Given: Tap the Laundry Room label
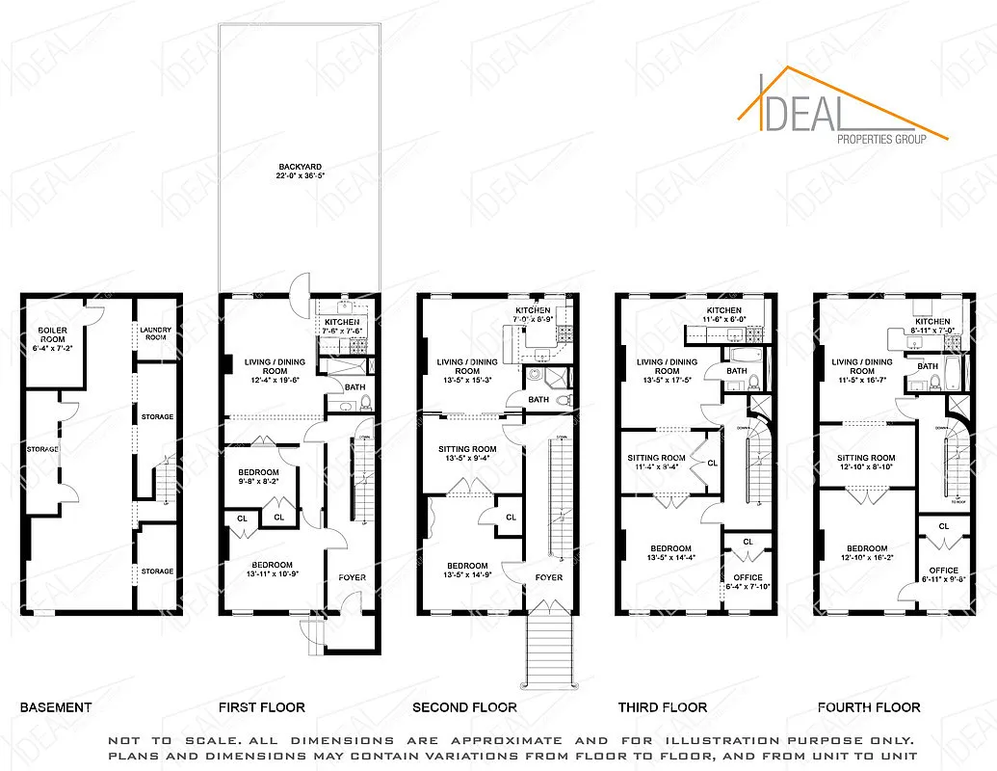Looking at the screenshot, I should click(155, 333).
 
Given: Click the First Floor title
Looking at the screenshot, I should click(261, 707).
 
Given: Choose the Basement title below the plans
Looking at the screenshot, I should click(56, 707).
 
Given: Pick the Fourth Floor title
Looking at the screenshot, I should click(869, 707).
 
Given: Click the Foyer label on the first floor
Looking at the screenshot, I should click(352, 578).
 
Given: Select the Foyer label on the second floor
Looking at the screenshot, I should click(549, 578).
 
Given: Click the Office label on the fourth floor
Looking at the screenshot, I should click(943, 571).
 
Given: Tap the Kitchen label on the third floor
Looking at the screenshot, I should click(723, 310).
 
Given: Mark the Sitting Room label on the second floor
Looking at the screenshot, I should click(467, 449).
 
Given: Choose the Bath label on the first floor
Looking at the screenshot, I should click(354, 387).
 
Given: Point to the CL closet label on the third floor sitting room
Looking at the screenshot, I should click(712, 464).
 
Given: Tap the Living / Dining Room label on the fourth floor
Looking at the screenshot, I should click(862, 366).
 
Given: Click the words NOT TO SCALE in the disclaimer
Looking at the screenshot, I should click(153, 740).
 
